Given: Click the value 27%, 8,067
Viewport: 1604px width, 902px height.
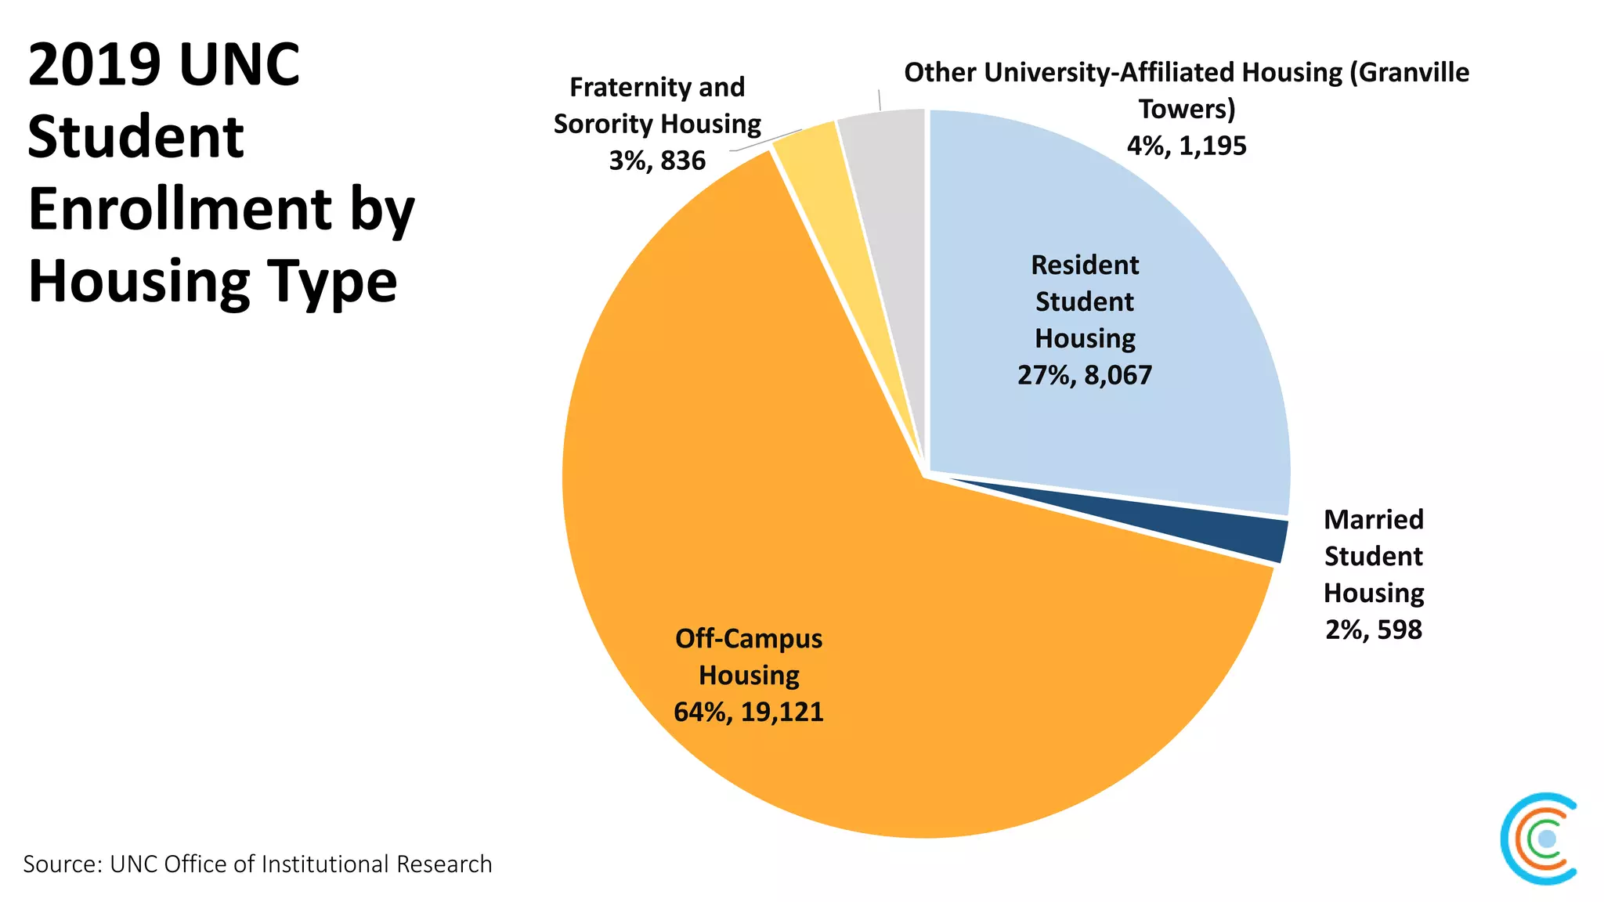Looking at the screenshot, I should click(x=1085, y=375).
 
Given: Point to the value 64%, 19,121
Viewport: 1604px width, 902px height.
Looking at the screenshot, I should click(x=749, y=712).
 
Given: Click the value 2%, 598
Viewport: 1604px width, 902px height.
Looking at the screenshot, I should click(x=1374, y=630).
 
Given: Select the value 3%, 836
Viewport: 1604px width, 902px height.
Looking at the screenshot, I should click(x=657, y=161).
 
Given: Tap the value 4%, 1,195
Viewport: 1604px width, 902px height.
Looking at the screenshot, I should click(x=1187, y=146).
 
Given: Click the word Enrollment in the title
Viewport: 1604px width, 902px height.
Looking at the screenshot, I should click(x=181, y=209).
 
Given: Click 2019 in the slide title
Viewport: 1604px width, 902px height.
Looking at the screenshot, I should click(x=94, y=64).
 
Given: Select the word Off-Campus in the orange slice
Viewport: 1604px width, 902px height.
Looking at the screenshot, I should click(x=749, y=639).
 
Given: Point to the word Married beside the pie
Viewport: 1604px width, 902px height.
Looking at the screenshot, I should click(x=1374, y=519).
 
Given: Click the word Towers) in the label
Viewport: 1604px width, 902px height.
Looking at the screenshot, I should click(x=1187, y=109).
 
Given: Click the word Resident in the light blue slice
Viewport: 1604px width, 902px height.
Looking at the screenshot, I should click(x=1085, y=265).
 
